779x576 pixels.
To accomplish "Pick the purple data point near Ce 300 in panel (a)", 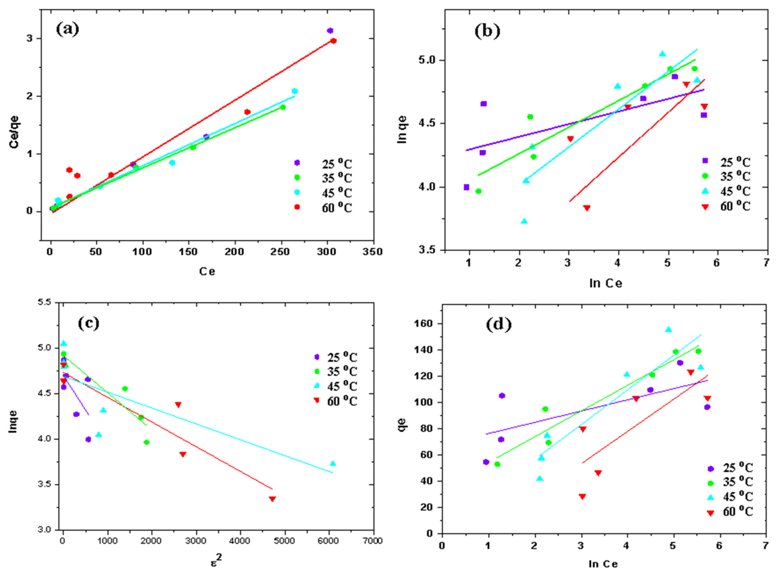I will (x=330, y=31).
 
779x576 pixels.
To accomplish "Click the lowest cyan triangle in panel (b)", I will (x=524, y=221).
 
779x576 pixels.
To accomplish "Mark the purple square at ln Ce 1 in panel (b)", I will (x=466, y=187).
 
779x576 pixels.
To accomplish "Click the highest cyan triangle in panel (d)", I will (x=668, y=329).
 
